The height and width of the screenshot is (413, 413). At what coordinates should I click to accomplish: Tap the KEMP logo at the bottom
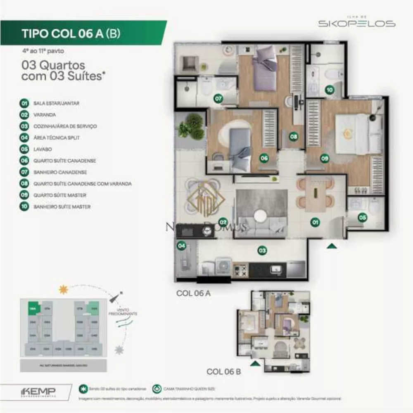click(38, 391)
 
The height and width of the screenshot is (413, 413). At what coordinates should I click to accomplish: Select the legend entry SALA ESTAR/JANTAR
click(56, 103)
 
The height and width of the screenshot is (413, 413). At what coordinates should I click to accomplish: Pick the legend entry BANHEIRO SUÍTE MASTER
click(62, 206)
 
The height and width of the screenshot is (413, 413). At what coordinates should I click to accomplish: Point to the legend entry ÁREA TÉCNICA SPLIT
click(57, 138)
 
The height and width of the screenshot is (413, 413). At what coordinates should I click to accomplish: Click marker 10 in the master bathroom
click(329, 90)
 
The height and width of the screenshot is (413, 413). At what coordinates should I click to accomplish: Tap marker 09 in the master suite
click(325, 157)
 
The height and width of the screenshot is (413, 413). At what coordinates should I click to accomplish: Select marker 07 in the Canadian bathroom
click(218, 99)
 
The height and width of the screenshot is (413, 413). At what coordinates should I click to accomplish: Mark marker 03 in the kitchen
click(262, 250)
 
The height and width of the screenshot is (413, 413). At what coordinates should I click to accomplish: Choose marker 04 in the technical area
click(181, 246)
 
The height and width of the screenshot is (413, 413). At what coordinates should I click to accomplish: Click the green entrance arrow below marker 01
click(332, 246)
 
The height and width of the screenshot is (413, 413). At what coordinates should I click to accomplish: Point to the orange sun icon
click(63, 290)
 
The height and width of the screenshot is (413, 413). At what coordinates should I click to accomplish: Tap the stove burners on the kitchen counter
click(240, 270)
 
